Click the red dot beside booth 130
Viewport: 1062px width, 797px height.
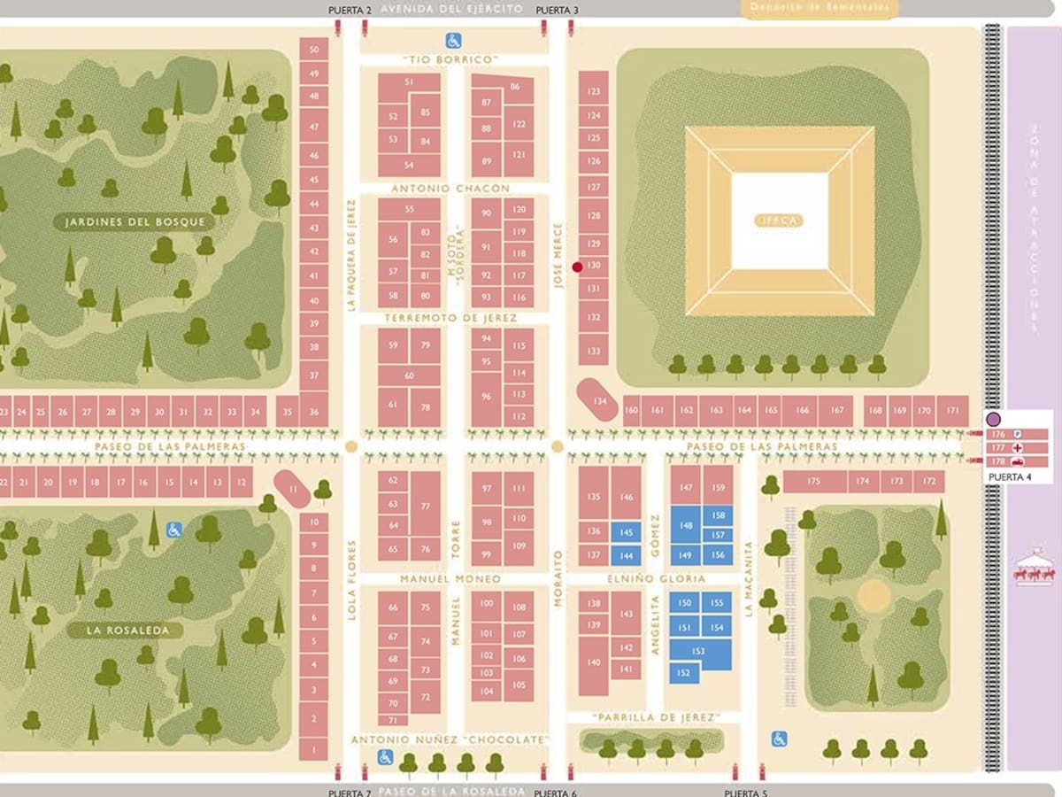click(x=577, y=267)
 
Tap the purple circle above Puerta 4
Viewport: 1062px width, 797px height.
click(x=993, y=419)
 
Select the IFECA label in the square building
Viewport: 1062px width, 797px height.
click(x=779, y=221)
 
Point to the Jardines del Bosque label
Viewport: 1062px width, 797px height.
click(x=135, y=221)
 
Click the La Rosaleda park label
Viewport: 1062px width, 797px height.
click(x=124, y=631)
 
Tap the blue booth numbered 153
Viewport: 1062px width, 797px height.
click(x=699, y=652)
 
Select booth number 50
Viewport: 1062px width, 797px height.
click(x=313, y=50)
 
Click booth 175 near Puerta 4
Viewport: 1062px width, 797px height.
click(x=814, y=481)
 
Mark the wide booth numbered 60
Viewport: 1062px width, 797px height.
click(x=409, y=376)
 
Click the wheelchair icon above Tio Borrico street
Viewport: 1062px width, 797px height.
click(x=452, y=40)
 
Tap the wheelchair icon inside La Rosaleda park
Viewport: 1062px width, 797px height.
click(x=174, y=530)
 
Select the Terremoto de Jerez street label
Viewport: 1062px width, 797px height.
click(x=450, y=318)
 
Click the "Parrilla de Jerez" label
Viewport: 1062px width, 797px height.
click(x=655, y=716)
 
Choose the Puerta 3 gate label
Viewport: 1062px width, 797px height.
click(x=557, y=10)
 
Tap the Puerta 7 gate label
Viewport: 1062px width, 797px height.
click(x=350, y=792)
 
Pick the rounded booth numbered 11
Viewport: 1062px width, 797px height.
click(x=292, y=489)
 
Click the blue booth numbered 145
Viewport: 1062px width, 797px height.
click(x=626, y=531)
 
